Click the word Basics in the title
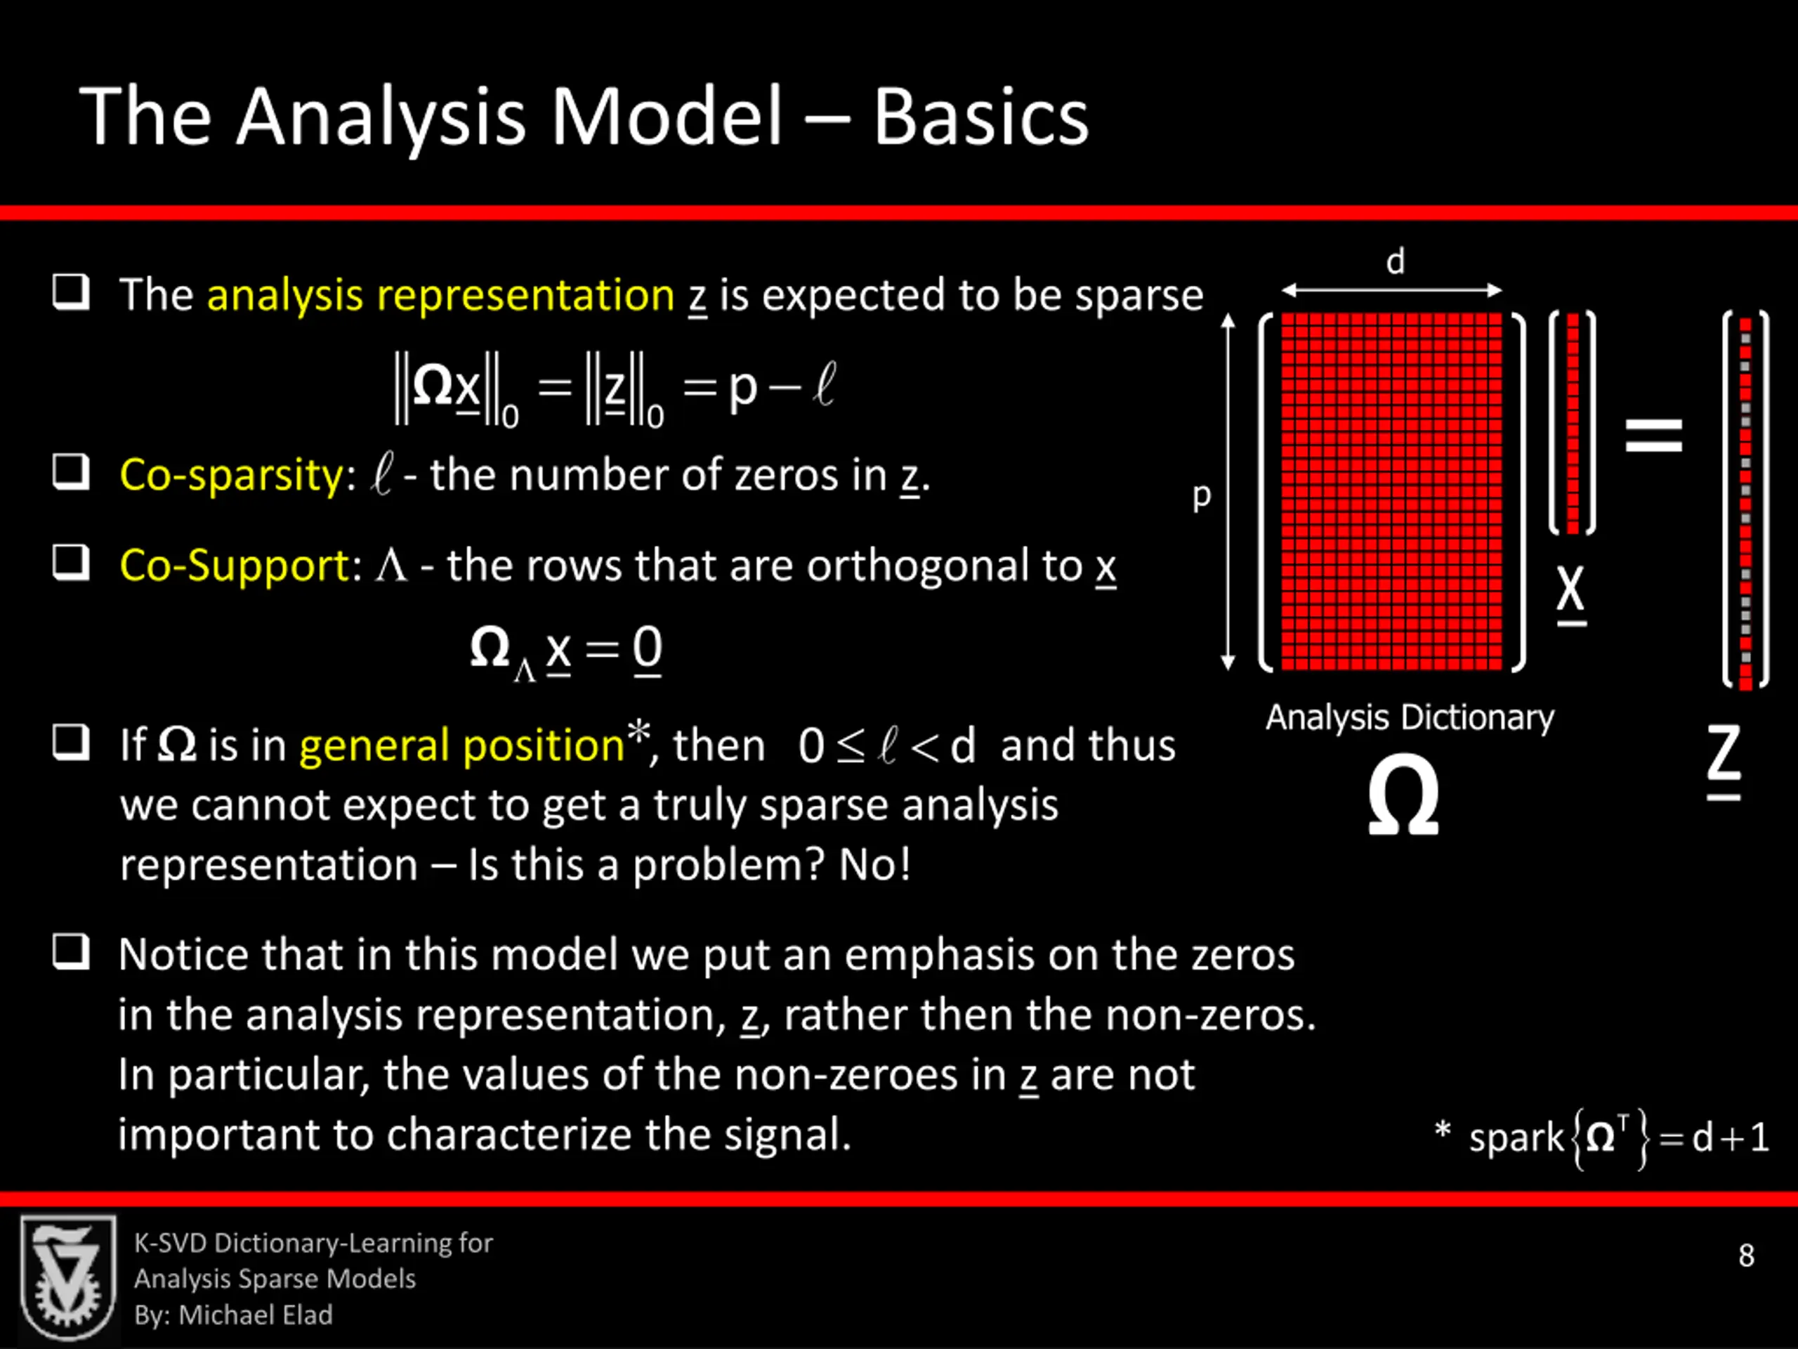pyautogui.click(x=980, y=118)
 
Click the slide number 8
pyautogui.click(x=1746, y=1256)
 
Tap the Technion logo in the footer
pyautogui.click(x=68, y=1277)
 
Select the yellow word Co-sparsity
pyautogui.click(x=232, y=475)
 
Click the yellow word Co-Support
pyautogui.click(x=234, y=565)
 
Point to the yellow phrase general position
pyautogui.click(x=461, y=745)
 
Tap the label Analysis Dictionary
pyautogui.click(x=1410, y=718)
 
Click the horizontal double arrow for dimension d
pyautogui.click(x=1391, y=290)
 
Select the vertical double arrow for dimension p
pyautogui.click(x=1228, y=492)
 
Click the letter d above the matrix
pyautogui.click(x=1395, y=262)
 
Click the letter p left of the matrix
pyautogui.click(x=1202, y=496)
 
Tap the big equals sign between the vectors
pyautogui.click(x=1653, y=434)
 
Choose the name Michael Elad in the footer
pyautogui.click(x=255, y=1315)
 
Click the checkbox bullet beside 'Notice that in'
pyautogui.click(x=72, y=951)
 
